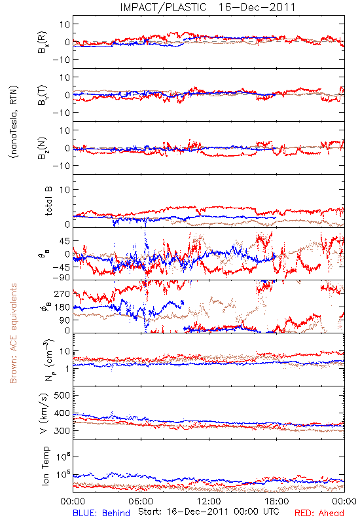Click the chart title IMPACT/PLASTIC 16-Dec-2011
click(207, 7)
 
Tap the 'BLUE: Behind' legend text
click(101, 513)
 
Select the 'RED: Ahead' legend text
click(319, 513)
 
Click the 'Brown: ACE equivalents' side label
click(13, 333)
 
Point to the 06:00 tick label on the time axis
click(141, 501)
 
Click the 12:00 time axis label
click(209, 501)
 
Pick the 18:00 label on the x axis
click(277, 501)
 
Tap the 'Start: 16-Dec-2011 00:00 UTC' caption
click(209, 512)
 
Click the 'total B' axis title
click(48, 201)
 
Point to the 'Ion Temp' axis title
click(45, 466)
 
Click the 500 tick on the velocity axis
click(62, 396)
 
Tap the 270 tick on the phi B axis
click(62, 294)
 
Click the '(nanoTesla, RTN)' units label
click(14, 122)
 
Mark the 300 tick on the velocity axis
click(62, 430)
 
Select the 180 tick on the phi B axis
click(62, 307)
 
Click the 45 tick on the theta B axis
click(65, 241)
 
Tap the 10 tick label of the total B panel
click(65, 190)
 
